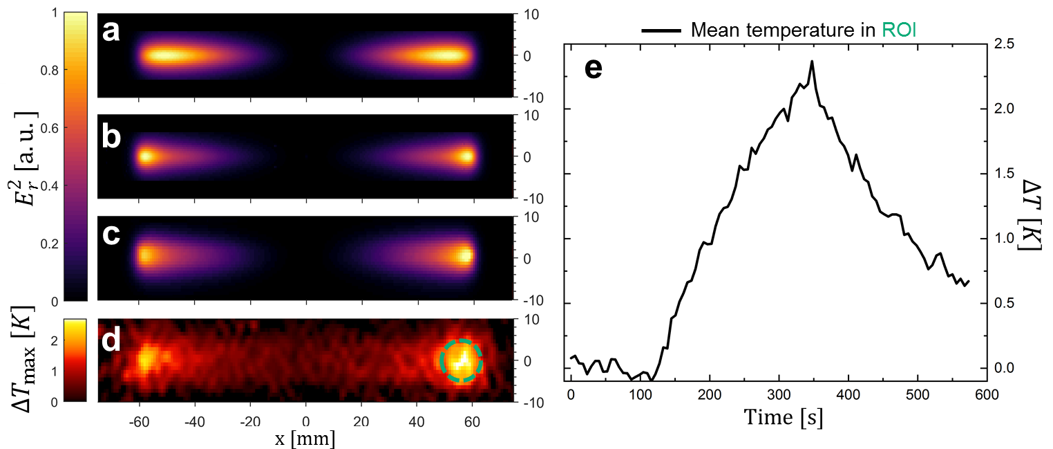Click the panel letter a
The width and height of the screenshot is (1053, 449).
111,30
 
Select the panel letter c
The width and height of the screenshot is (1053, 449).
111,235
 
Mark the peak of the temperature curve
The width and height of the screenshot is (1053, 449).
812,61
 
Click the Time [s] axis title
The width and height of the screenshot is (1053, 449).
783,419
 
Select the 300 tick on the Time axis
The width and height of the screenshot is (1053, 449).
779,394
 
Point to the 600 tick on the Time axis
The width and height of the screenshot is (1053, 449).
986,394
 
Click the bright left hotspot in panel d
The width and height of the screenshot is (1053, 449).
146,359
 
